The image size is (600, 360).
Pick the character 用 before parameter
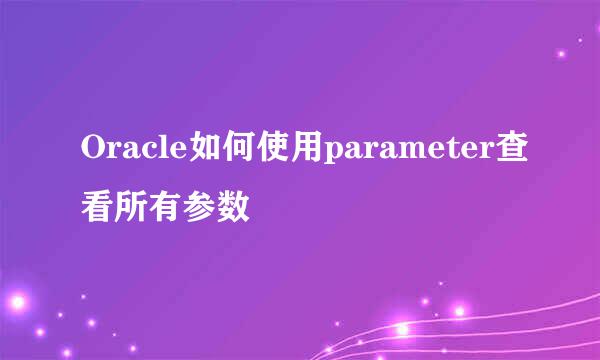304,151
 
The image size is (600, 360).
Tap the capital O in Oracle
91,151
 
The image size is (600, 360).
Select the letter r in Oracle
112,153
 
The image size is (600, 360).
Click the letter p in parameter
331,155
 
